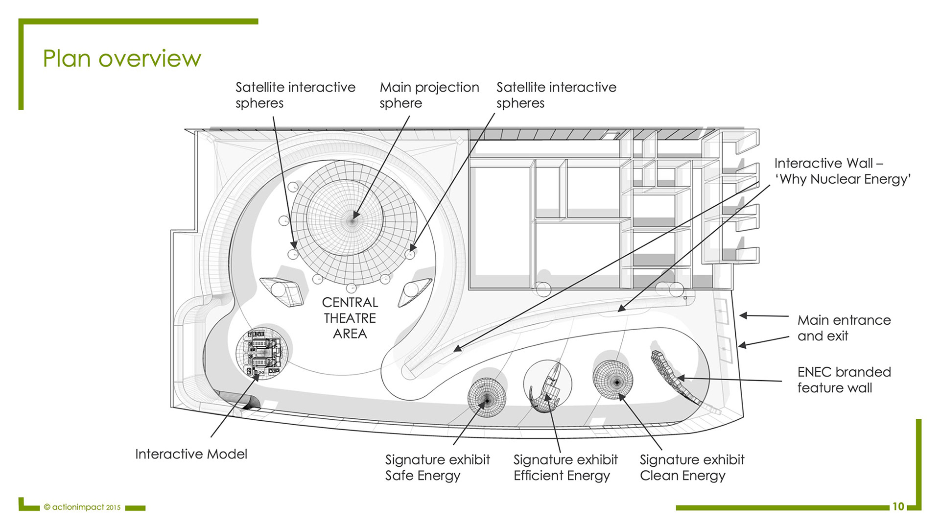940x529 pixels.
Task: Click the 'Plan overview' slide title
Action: click(122, 58)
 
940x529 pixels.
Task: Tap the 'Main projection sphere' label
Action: click(429, 95)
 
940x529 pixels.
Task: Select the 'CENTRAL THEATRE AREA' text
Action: click(350, 318)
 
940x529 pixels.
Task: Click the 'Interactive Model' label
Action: click(191, 454)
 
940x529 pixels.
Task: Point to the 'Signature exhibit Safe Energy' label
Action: click(437, 467)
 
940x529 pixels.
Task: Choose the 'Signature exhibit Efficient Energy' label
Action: click(565, 467)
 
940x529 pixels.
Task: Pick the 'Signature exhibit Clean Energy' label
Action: click(692, 467)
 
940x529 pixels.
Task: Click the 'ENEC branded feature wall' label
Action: click(844, 380)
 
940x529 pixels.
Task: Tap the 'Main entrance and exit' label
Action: click(844, 328)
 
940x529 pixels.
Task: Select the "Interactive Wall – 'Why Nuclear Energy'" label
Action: click(842, 171)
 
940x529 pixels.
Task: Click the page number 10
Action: click(898, 506)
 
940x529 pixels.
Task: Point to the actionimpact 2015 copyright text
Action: click(82, 507)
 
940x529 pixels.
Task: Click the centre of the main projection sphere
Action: click(352, 220)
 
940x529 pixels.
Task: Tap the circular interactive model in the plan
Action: click(261, 352)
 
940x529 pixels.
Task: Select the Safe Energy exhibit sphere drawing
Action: click(487, 398)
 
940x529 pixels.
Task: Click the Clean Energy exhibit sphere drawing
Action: click(613, 380)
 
